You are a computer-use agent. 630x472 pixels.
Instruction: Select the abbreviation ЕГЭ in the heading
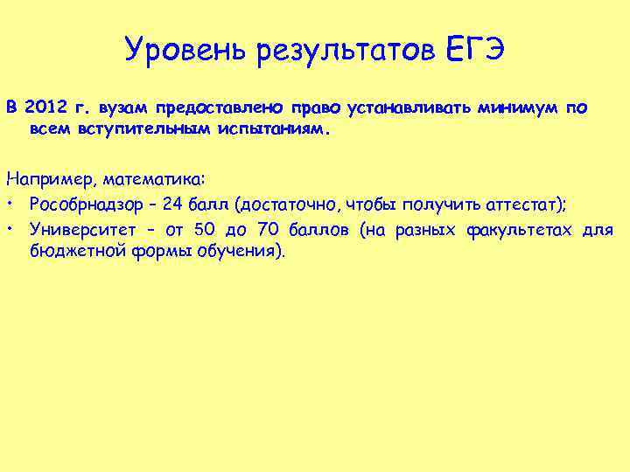pos(474,50)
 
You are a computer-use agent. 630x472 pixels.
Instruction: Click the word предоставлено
pos(218,108)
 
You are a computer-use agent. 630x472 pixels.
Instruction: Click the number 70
pos(267,229)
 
